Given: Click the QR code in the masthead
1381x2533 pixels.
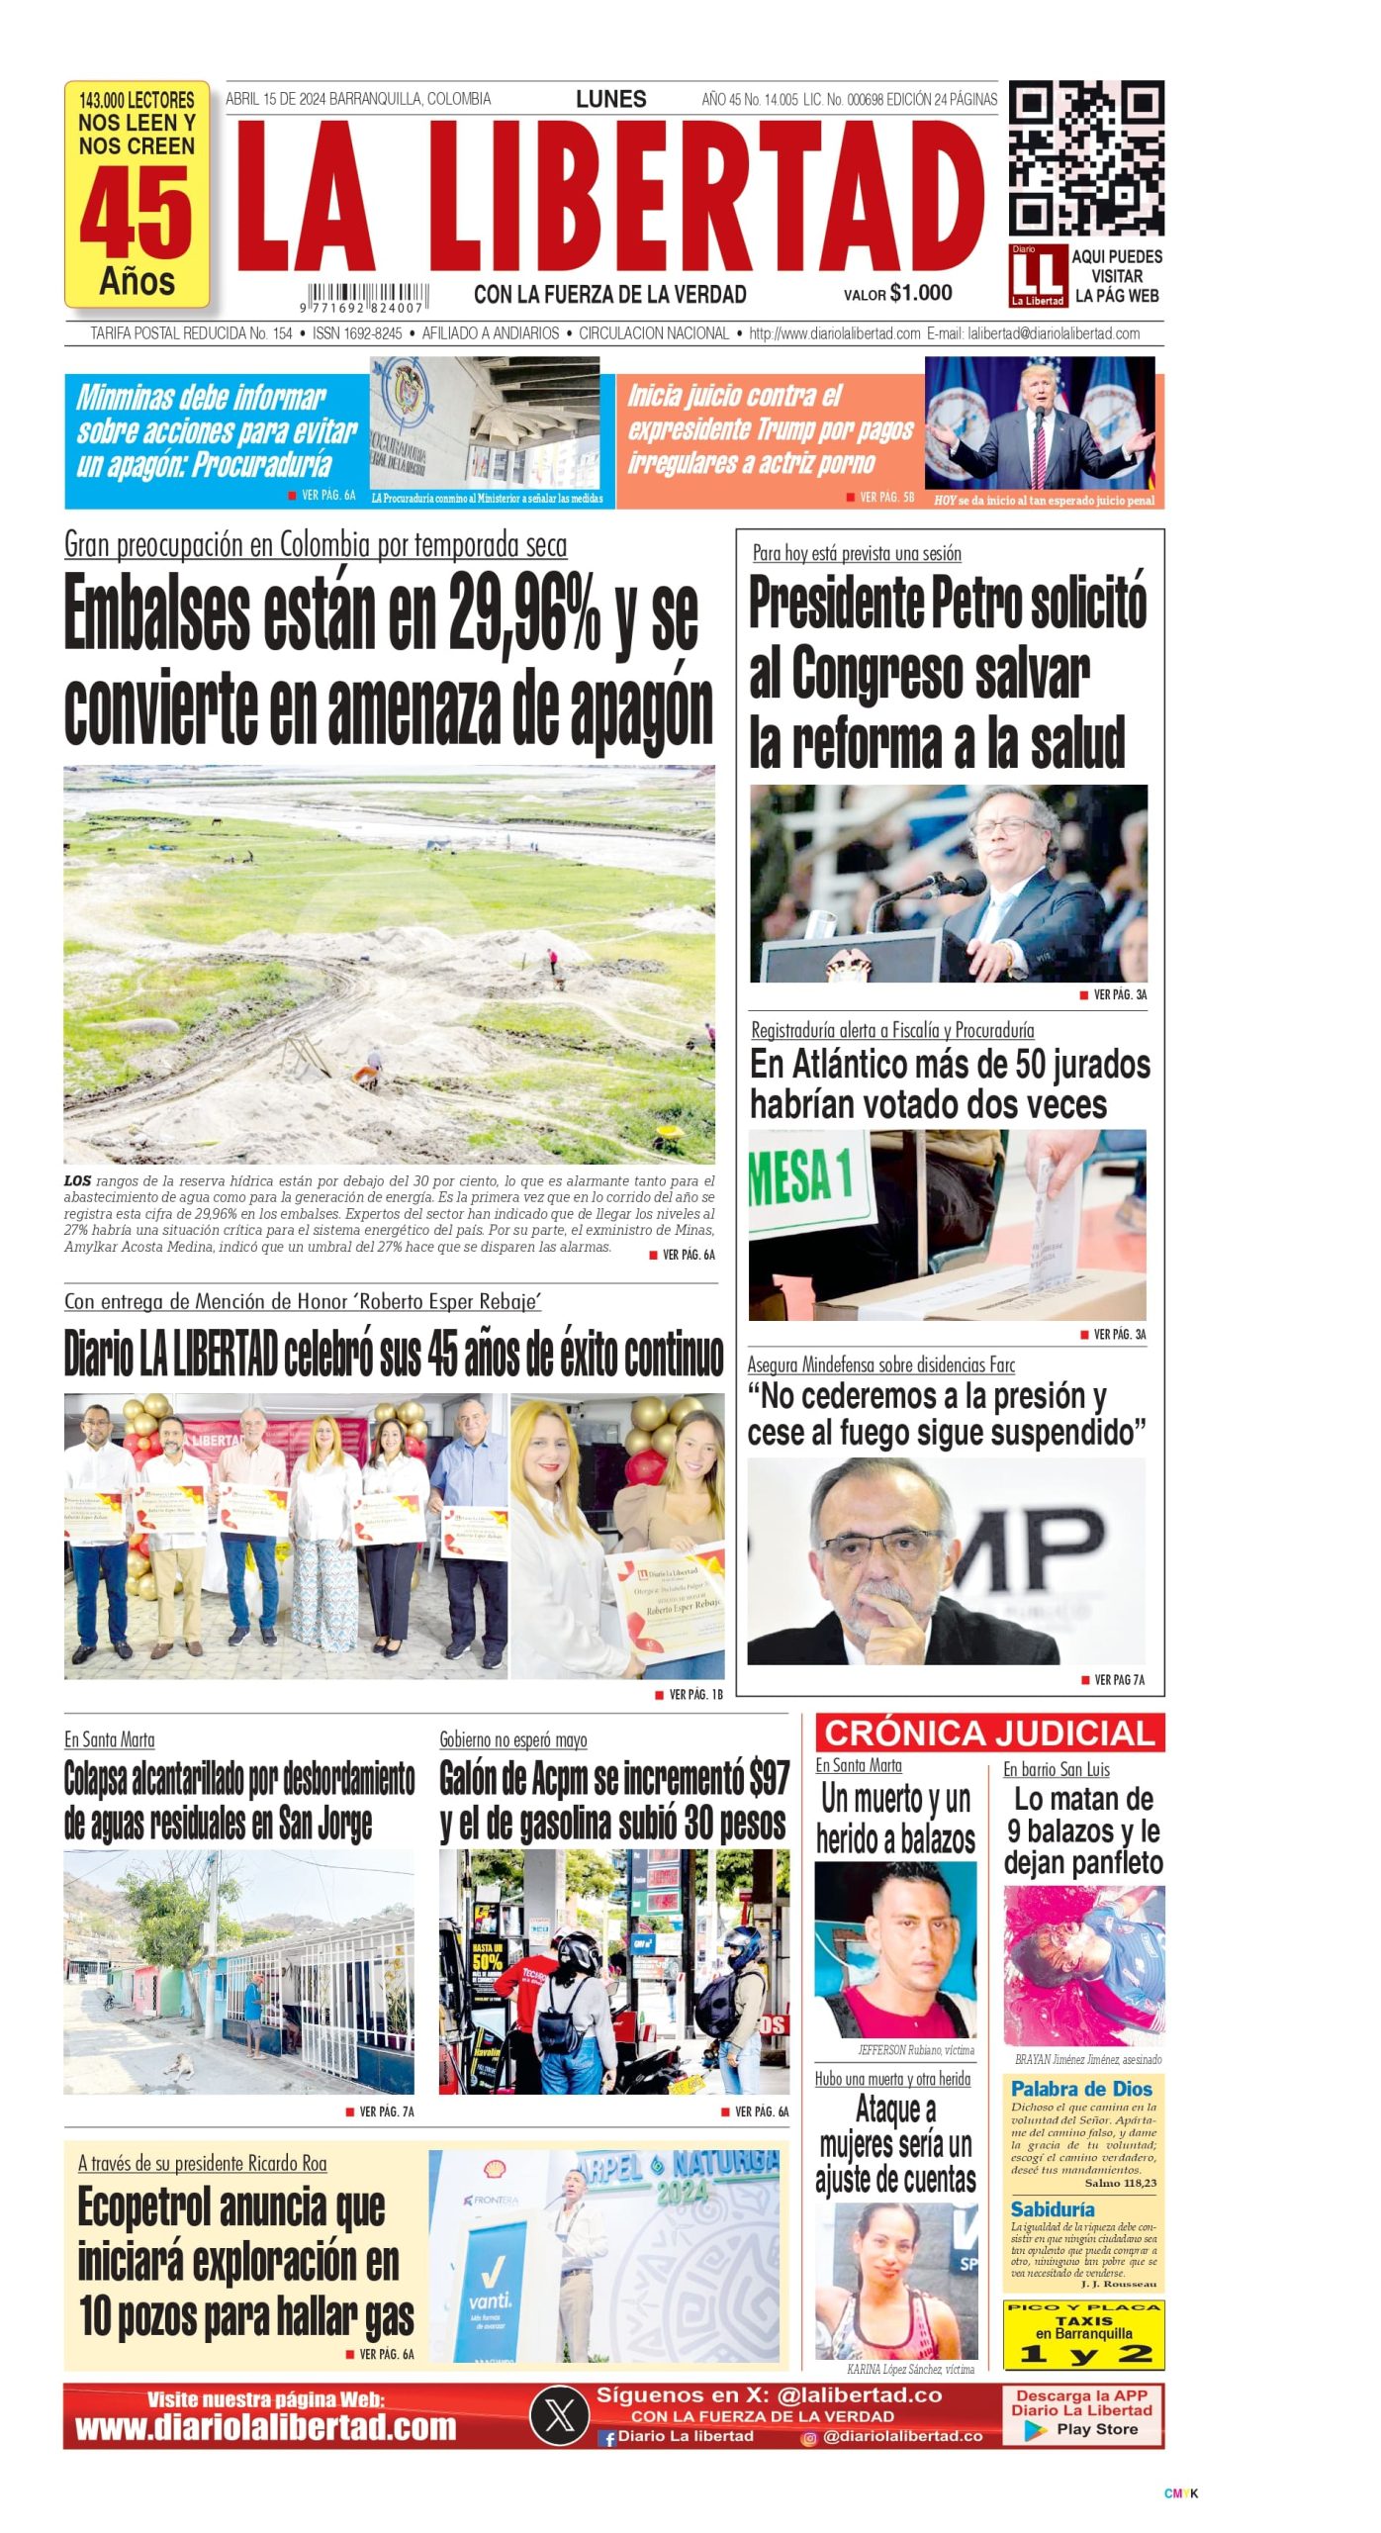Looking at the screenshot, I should pyautogui.click(x=1085, y=158).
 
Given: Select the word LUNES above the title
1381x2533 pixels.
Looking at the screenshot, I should pyautogui.click(x=610, y=99).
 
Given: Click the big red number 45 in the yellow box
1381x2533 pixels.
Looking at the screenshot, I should pyautogui.click(x=137, y=212).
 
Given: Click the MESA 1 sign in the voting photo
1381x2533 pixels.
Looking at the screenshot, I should pyautogui.click(x=801, y=1175).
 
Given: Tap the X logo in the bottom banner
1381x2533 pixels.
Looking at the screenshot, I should pyautogui.click(x=560, y=2415).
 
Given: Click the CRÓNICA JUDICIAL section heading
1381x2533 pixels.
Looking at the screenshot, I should pyautogui.click(x=989, y=1733).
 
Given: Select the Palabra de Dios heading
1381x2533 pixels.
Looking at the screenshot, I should pyautogui.click(x=1081, y=2088).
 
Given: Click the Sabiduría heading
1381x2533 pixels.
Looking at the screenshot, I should pyautogui.click(x=1052, y=2208).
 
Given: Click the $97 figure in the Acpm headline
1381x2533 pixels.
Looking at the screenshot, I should pyautogui.click(x=769, y=1779).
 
